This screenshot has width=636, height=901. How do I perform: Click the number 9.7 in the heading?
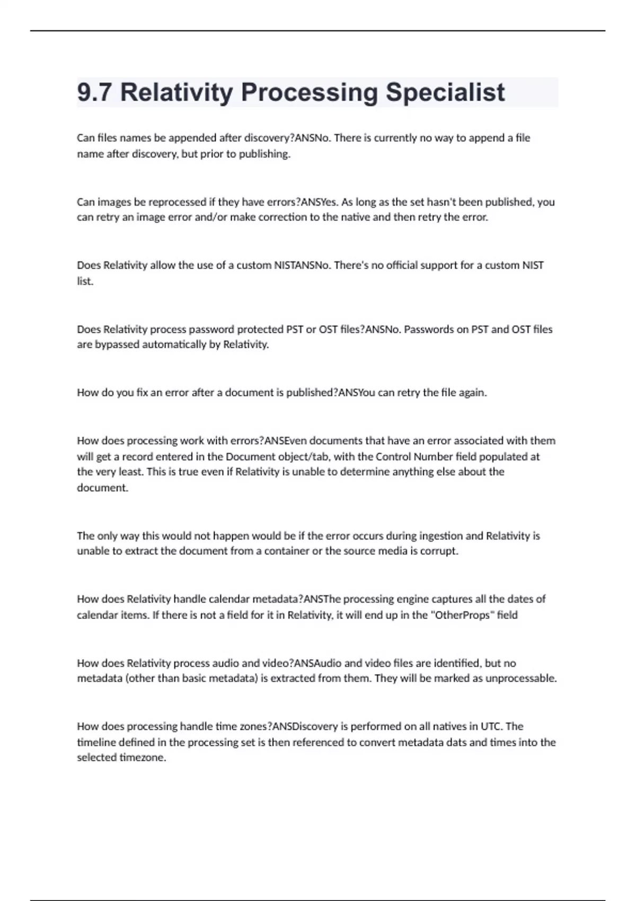click(x=94, y=92)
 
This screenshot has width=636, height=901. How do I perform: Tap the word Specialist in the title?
click(x=445, y=92)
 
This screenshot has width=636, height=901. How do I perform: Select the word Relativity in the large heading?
click(x=176, y=92)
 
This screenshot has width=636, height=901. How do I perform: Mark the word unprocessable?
click(x=521, y=678)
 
